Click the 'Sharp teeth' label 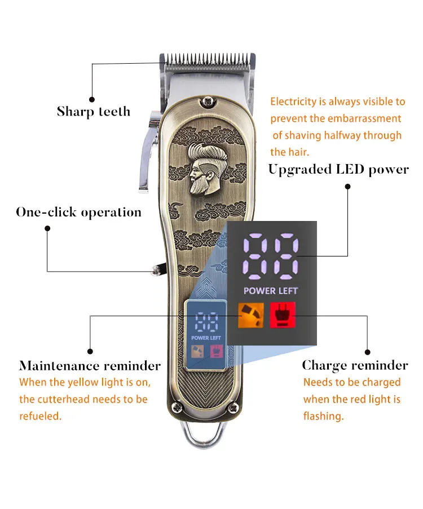(x=94, y=112)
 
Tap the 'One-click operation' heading (x=78, y=213)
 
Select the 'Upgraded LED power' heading (x=338, y=169)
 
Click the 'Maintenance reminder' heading (x=90, y=366)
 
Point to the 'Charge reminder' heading (x=355, y=365)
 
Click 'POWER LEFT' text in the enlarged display (x=270, y=291)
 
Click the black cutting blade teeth (x=208, y=59)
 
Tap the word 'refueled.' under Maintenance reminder (x=41, y=416)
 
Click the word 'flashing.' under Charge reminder (x=323, y=417)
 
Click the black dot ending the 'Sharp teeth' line (x=91, y=101)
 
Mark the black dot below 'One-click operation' (x=47, y=228)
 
